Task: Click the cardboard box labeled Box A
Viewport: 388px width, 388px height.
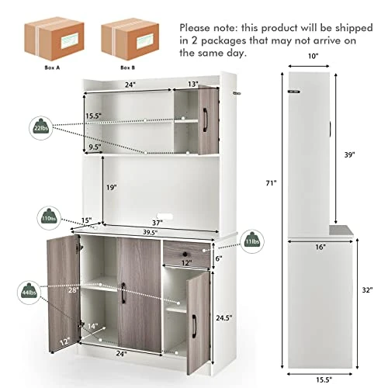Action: [54, 39]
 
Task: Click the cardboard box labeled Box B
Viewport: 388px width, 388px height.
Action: [130, 40]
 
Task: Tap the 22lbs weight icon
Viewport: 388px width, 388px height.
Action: [41, 128]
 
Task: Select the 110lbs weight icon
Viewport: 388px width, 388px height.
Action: [49, 218]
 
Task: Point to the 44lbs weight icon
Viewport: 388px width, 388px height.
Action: [29, 293]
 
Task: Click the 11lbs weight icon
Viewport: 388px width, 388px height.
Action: [252, 241]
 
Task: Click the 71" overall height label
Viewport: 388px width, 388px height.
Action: [272, 183]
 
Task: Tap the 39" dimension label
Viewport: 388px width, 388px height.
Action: [349, 154]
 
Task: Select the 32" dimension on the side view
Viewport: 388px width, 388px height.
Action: [367, 290]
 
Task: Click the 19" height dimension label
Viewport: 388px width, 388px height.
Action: [112, 187]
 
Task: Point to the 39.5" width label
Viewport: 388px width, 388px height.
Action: [151, 232]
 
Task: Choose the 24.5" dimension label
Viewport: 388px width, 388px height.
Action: [224, 317]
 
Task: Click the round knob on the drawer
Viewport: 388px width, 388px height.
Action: [185, 254]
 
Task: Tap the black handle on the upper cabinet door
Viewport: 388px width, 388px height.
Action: [206, 120]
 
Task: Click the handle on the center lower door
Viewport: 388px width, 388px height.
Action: [123, 293]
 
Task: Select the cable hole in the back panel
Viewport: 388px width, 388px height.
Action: [165, 216]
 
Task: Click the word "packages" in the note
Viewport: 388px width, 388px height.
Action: [223, 41]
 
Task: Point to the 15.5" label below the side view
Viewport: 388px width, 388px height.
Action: [324, 379]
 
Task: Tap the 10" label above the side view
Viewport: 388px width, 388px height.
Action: [313, 56]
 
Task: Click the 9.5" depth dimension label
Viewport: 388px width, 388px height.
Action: [95, 147]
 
